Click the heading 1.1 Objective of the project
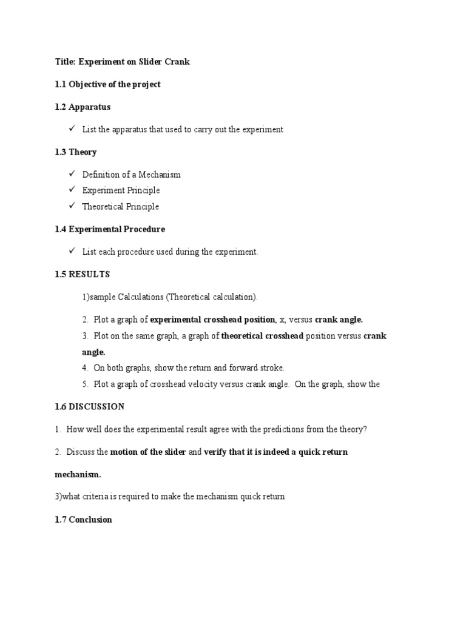click(x=107, y=85)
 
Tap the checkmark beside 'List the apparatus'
click(x=72, y=129)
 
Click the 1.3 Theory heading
click(x=75, y=152)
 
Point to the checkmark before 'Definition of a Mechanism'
click(x=72, y=174)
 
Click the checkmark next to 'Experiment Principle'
click(x=72, y=190)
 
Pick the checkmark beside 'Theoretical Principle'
click(x=72, y=206)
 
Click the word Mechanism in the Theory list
click(x=160, y=175)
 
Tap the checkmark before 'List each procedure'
click(x=72, y=251)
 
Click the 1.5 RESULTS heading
click(x=82, y=274)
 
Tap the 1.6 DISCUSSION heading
click(x=89, y=406)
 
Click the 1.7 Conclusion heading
click(x=83, y=520)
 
